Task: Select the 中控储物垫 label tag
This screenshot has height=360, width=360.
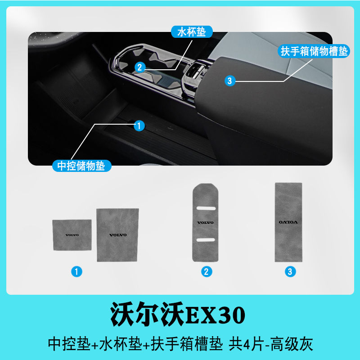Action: click(x=81, y=166)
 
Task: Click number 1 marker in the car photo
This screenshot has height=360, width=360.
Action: click(x=139, y=126)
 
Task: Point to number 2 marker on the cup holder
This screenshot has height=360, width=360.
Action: click(x=139, y=67)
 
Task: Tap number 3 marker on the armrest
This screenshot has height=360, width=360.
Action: click(x=230, y=81)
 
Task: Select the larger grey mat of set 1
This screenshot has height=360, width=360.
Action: click(x=118, y=235)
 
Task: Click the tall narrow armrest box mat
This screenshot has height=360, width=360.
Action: click(x=288, y=222)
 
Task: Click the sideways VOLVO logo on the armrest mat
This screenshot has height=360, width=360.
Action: click(x=288, y=222)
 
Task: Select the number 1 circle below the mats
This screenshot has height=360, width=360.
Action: click(x=77, y=271)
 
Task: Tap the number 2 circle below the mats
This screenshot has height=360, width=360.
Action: click(x=207, y=271)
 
